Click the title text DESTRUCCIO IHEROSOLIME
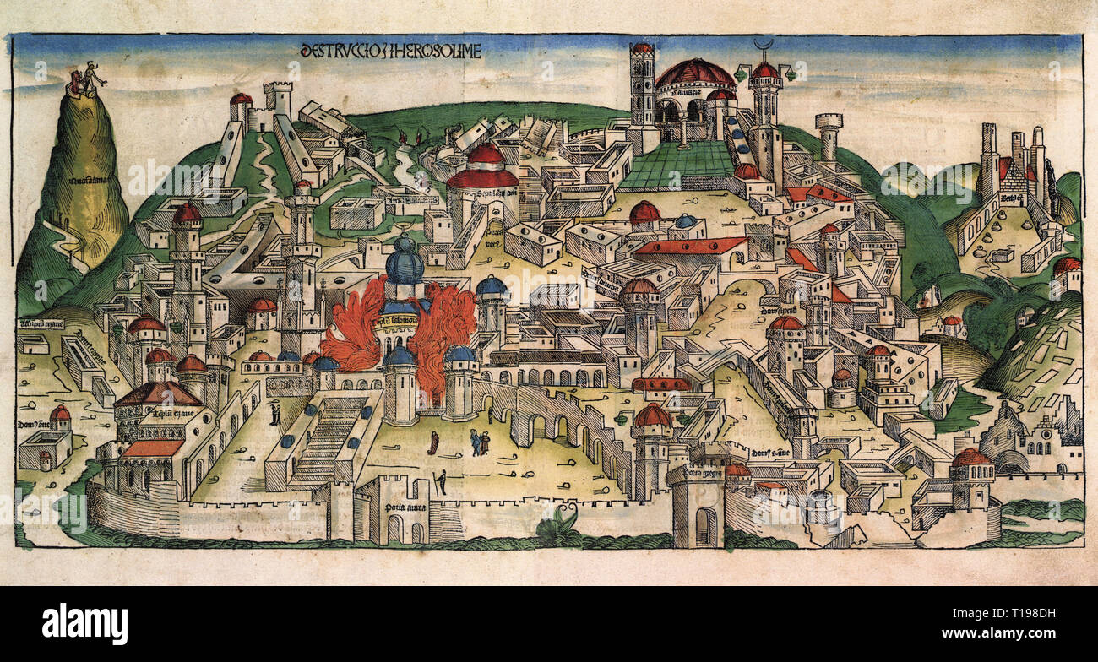(x=390, y=51)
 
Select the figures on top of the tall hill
(x=88, y=79)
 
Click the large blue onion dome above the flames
(x=405, y=264)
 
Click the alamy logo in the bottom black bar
(x=84, y=624)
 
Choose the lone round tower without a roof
(x=829, y=135)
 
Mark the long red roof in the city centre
(x=688, y=246)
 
